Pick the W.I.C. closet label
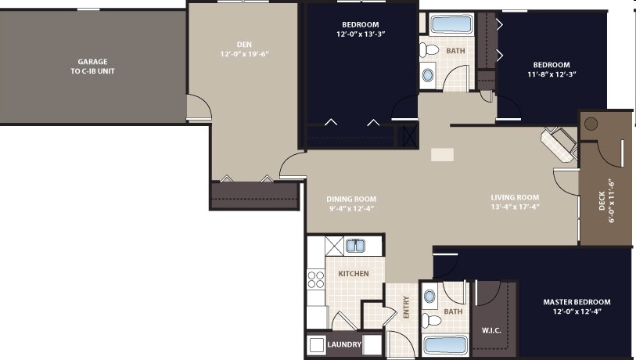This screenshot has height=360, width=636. click(x=491, y=329)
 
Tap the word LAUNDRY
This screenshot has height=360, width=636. click(x=344, y=344)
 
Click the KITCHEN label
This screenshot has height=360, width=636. click(x=353, y=274)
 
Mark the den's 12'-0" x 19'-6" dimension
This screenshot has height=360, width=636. click(x=245, y=55)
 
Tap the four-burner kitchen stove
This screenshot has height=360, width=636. click(x=317, y=281)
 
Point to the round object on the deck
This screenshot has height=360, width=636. click(x=591, y=124)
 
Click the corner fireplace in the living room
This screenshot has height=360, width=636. click(x=559, y=144)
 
